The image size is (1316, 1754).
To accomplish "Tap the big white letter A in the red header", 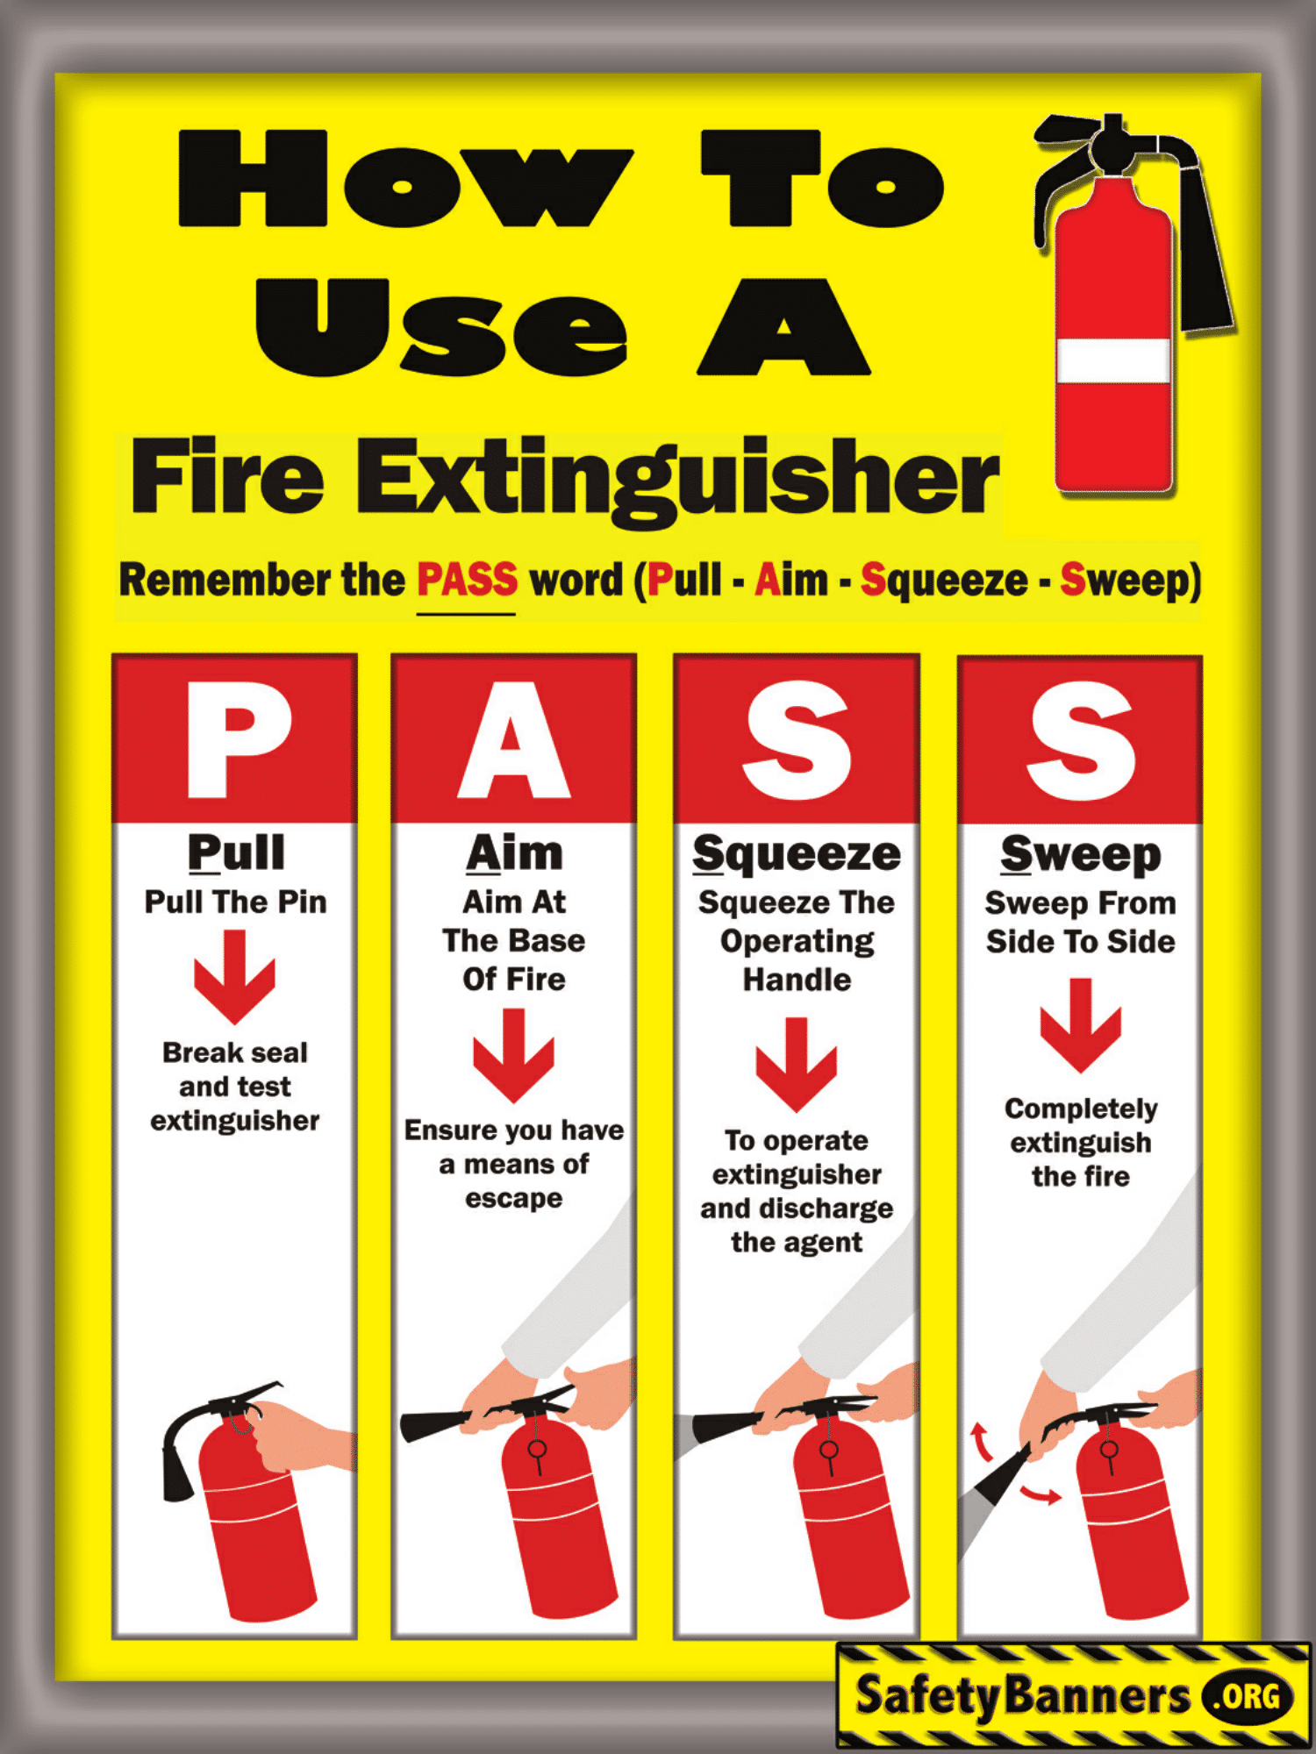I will coord(514,741).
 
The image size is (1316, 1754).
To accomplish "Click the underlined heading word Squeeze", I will coord(797,853).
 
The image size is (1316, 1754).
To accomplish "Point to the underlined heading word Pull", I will coord(236,852).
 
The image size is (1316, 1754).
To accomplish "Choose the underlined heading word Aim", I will coord(514,853).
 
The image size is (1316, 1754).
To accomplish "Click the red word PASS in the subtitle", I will coord(467,580).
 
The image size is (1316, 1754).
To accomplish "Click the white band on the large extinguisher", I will coord(1112,360).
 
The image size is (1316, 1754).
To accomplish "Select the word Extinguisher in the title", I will coord(677,479).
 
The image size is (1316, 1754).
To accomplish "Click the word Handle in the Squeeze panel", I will coord(797,980).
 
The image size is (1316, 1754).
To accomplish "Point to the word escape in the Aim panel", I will coord(513,1198).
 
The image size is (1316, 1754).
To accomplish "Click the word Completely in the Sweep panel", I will coord(1081,1109).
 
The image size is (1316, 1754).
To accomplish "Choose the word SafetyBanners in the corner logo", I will coord(1021,1695).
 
